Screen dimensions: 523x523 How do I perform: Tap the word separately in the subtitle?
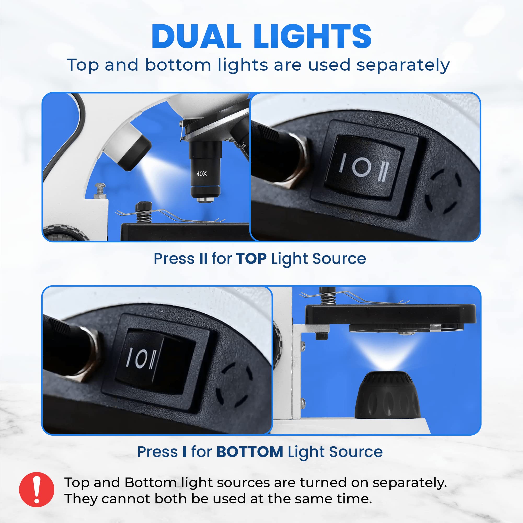403,66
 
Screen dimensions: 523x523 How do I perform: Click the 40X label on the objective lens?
202,174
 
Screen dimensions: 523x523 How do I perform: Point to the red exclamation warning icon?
37,490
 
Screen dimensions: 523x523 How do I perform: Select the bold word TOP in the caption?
251,258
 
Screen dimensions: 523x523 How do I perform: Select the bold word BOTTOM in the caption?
250,452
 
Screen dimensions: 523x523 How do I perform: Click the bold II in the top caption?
203,258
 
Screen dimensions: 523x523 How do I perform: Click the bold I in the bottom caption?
185,452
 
